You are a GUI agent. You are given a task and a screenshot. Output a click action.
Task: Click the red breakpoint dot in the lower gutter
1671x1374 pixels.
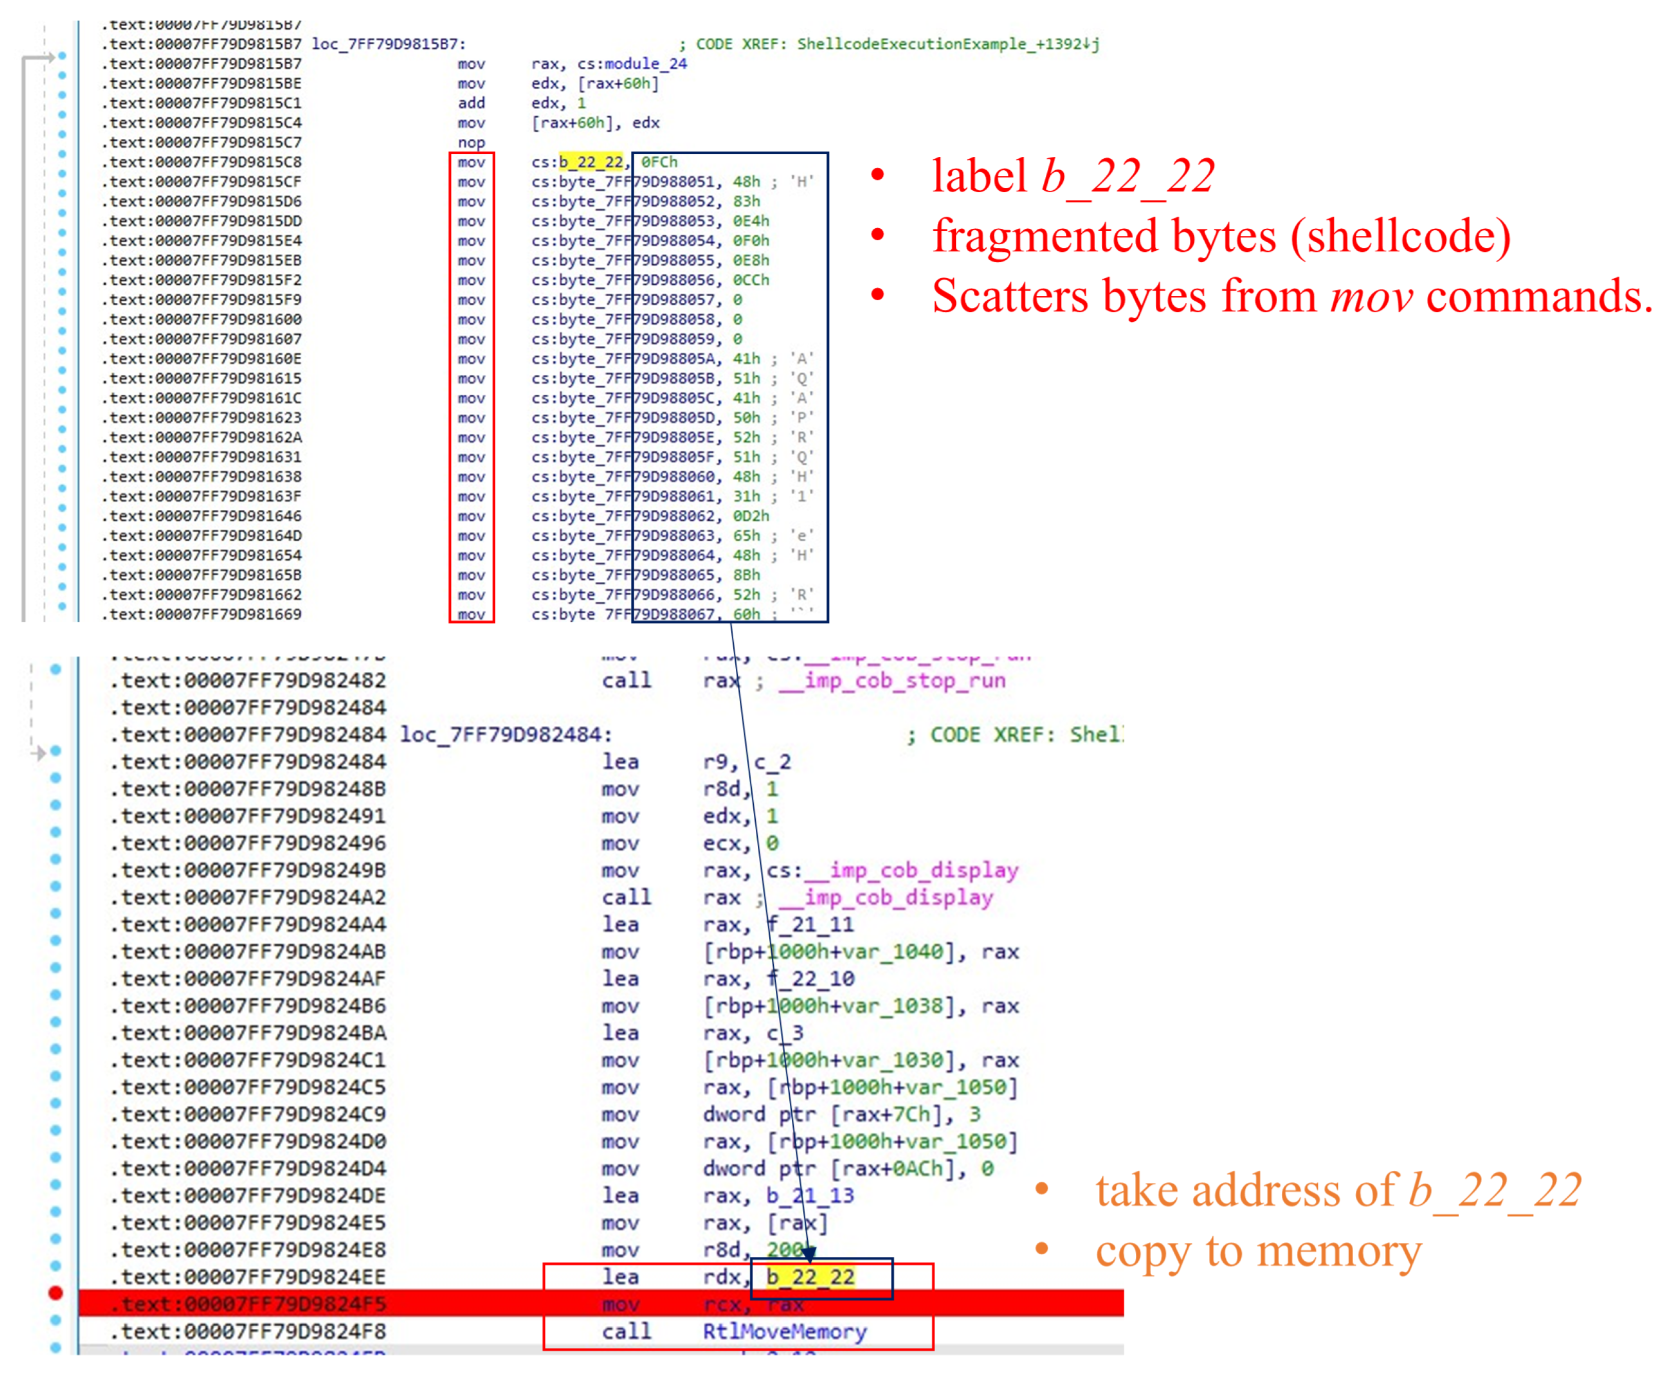pos(56,1292)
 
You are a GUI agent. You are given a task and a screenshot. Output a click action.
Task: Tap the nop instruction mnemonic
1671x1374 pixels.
pos(471,142)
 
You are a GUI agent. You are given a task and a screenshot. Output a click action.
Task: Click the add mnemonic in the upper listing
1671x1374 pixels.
pos(471,103)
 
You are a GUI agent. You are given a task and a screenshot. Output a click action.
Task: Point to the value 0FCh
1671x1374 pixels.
pos(659,162)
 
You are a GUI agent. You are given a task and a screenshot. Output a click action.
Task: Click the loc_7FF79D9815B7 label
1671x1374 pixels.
pos(388,44)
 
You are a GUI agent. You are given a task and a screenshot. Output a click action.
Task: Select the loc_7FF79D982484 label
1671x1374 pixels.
pos(505,735)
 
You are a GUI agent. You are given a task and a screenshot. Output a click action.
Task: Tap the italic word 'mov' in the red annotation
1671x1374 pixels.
pos(1371,296)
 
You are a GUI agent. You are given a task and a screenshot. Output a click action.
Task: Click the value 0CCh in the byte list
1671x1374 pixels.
pos(750,280)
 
